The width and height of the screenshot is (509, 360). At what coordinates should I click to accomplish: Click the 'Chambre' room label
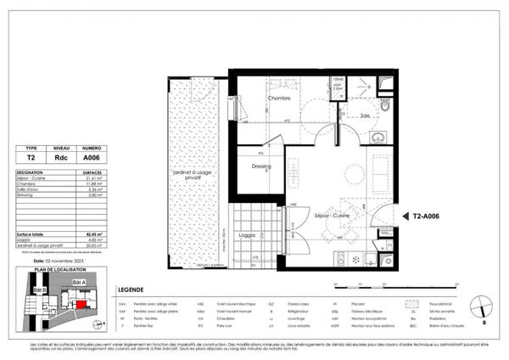[280, 98]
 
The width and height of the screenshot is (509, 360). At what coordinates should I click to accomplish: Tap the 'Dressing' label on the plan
[261, 166]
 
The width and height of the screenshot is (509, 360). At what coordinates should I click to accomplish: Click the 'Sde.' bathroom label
[365, 115]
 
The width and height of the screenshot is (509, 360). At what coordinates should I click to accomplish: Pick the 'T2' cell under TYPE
[31, 155]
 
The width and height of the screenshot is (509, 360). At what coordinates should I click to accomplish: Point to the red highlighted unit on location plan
[81, 302]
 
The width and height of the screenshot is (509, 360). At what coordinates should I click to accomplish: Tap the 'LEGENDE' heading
[131, 289]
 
